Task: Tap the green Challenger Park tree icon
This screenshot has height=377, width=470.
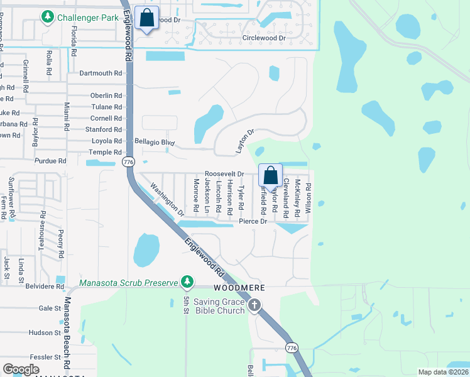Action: point(47,18)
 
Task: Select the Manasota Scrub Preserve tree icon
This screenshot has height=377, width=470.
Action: point(187,281)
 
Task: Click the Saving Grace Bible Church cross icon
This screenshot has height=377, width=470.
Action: point(254,306)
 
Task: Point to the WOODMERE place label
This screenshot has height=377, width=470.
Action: point(236,287)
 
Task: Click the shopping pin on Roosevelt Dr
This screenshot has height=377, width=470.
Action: point(270,177)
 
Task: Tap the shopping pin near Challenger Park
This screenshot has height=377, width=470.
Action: point(146,19)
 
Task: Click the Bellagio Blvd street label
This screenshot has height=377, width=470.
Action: point(155,142)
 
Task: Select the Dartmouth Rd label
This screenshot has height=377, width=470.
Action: point(101,74)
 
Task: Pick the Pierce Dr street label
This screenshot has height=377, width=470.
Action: point(253,221)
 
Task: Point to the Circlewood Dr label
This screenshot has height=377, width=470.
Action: point(264,38)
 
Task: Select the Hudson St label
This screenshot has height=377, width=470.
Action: point(44,332)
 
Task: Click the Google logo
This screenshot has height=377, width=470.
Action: point(21,369)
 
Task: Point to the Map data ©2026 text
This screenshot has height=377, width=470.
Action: point(443,372)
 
